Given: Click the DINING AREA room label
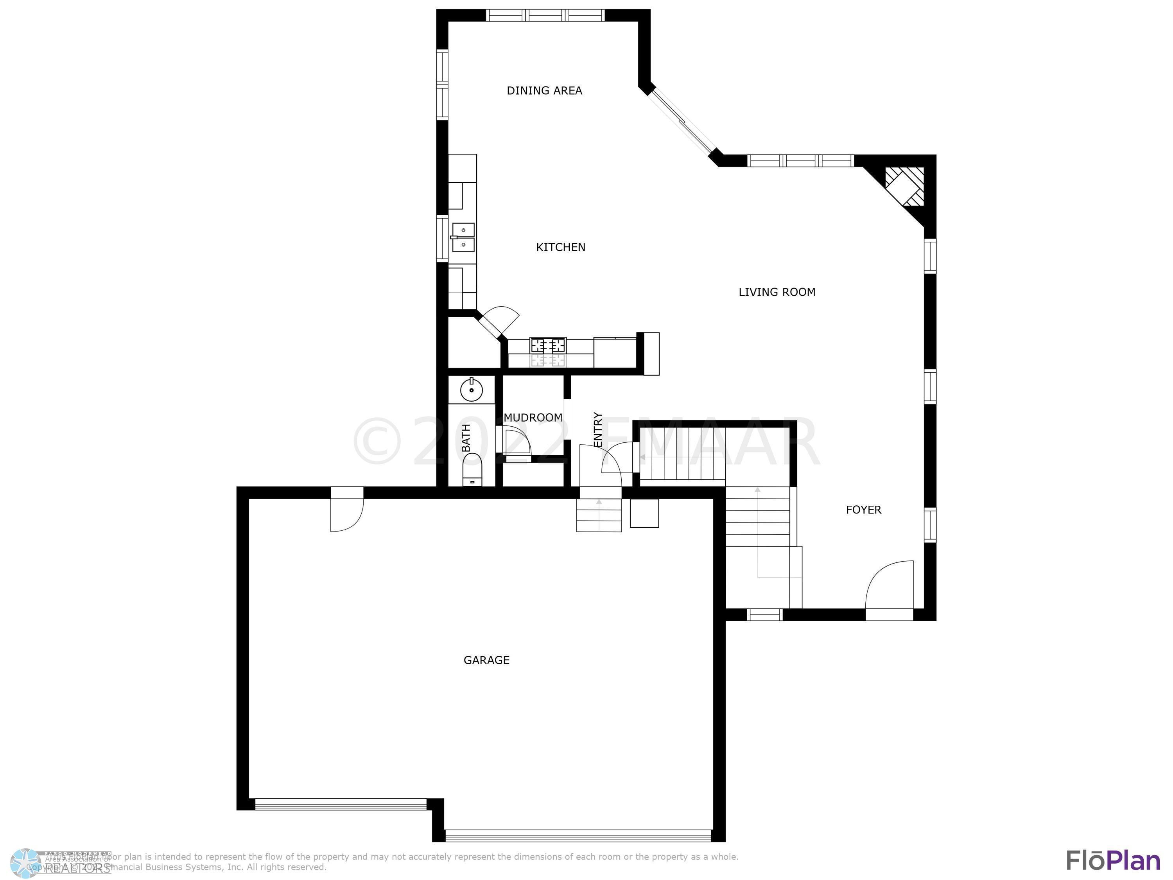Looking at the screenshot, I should point(544,91).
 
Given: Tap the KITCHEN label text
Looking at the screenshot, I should point(561,247).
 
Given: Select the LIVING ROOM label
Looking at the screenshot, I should point(777,292).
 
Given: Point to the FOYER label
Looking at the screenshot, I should point(863,510).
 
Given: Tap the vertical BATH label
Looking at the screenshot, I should point(466,438).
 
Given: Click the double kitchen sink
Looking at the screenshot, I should point(463,238).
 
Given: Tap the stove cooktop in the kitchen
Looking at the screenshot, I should point(548,346).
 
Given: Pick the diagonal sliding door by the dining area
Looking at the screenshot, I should point(682,122).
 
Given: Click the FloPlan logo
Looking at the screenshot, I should point(1112,860).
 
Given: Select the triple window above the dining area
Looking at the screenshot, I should point(546,15).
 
